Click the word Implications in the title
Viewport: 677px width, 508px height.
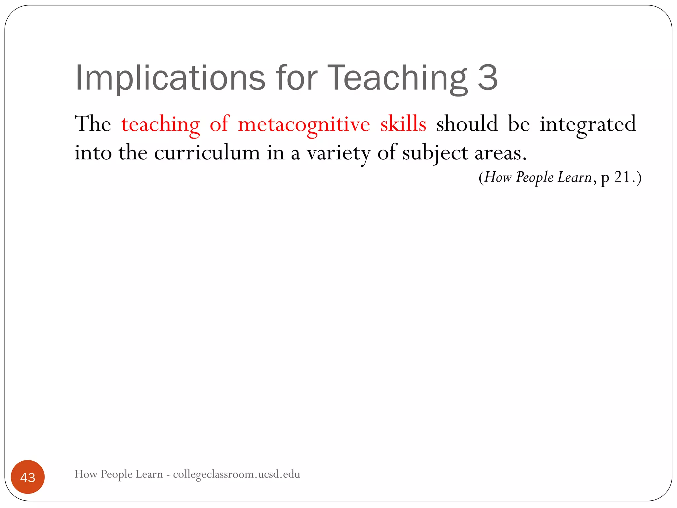(x=170, y=78)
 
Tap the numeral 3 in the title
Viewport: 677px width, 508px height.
(x=488, y=78)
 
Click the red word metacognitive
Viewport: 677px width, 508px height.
(x=304, y=125)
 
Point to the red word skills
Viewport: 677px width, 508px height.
(x=403, y=124)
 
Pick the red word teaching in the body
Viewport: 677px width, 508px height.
(x=160, y=125)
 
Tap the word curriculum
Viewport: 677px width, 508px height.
(x=207, y=153)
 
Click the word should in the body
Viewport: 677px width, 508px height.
(x=467, y=124)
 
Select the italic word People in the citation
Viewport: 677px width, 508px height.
(x=535, y=178)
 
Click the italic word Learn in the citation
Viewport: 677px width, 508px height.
(x=575, y=177)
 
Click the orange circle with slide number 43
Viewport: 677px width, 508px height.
(x=28, y=477)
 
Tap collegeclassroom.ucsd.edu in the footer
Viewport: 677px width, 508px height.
(x=236, y=474)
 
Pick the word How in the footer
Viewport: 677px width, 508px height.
(x=86, y=474)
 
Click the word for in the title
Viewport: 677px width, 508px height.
(x=296, y=78)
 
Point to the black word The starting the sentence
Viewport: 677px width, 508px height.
(x=93, y=124)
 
